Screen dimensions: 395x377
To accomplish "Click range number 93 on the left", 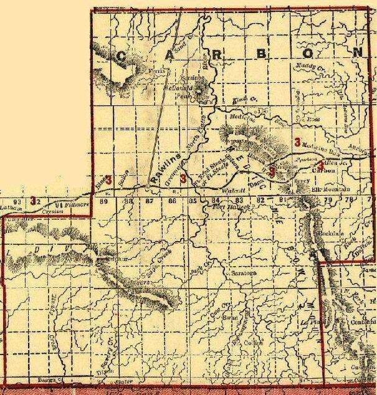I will click(17, 202).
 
